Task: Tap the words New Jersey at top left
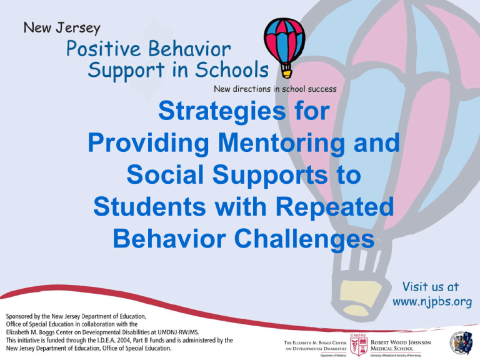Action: tap(62, 27)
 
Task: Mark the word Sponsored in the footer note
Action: tap(26, 316)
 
